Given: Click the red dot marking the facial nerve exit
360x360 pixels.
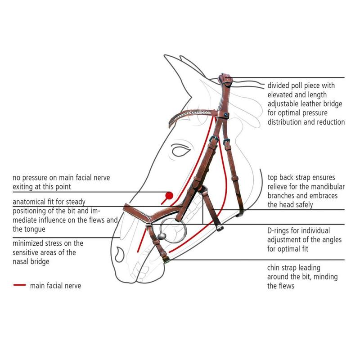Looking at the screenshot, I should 169,195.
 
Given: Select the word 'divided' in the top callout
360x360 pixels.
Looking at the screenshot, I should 279,85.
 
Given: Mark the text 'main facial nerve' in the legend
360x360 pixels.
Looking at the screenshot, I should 55,285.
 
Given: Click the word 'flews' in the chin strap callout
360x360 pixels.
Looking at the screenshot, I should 285,286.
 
